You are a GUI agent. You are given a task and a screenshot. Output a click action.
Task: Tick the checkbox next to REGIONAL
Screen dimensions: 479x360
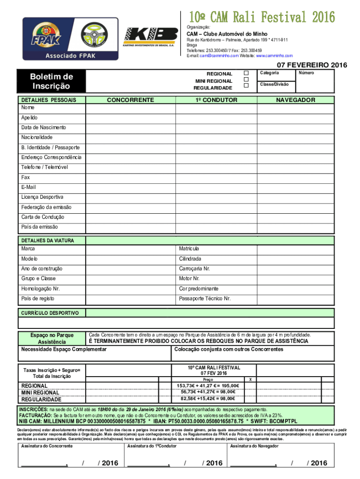click(246, 73)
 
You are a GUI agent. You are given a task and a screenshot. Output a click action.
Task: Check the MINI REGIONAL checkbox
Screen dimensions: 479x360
click(246, 80)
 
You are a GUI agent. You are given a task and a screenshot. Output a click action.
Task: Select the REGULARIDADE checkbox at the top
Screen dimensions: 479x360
click(246, 86)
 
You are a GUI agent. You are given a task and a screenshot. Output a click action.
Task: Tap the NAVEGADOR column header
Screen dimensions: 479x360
click(295, 100)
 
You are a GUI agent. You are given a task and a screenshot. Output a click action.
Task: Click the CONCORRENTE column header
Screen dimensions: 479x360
click(130, 100)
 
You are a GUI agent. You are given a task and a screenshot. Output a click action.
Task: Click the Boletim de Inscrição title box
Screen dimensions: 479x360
click(51, 81)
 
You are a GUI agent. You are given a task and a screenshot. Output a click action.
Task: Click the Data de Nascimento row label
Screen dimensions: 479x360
click(43, 127)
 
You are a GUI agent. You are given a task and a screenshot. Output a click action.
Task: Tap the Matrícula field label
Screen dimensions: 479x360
click(189, 248)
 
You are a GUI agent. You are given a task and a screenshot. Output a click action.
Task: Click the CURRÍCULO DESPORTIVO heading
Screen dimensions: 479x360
click(49, 313)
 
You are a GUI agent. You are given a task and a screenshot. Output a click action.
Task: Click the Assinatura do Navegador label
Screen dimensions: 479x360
click(254, 446)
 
